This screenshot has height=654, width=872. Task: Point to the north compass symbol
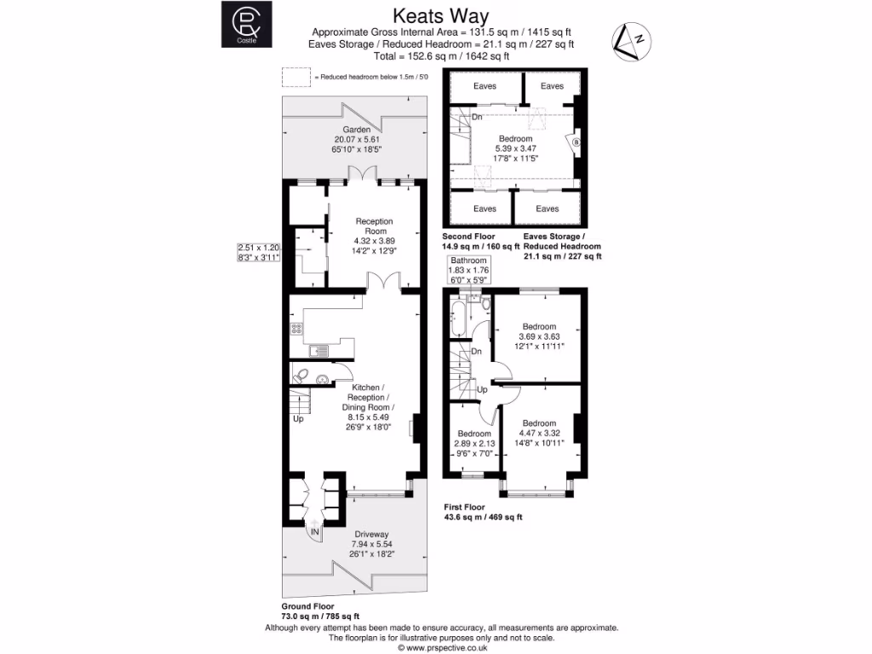point(633,41)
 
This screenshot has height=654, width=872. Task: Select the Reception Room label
point(376,226)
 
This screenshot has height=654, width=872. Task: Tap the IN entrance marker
point(315,532)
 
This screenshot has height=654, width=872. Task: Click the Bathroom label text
point(468,261)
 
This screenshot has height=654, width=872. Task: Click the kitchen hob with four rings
point(297,328)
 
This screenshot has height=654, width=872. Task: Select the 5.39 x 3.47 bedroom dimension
point(515,148)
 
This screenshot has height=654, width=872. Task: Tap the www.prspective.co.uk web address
point(440,647)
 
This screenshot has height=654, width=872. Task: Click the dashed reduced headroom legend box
point(296,77)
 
